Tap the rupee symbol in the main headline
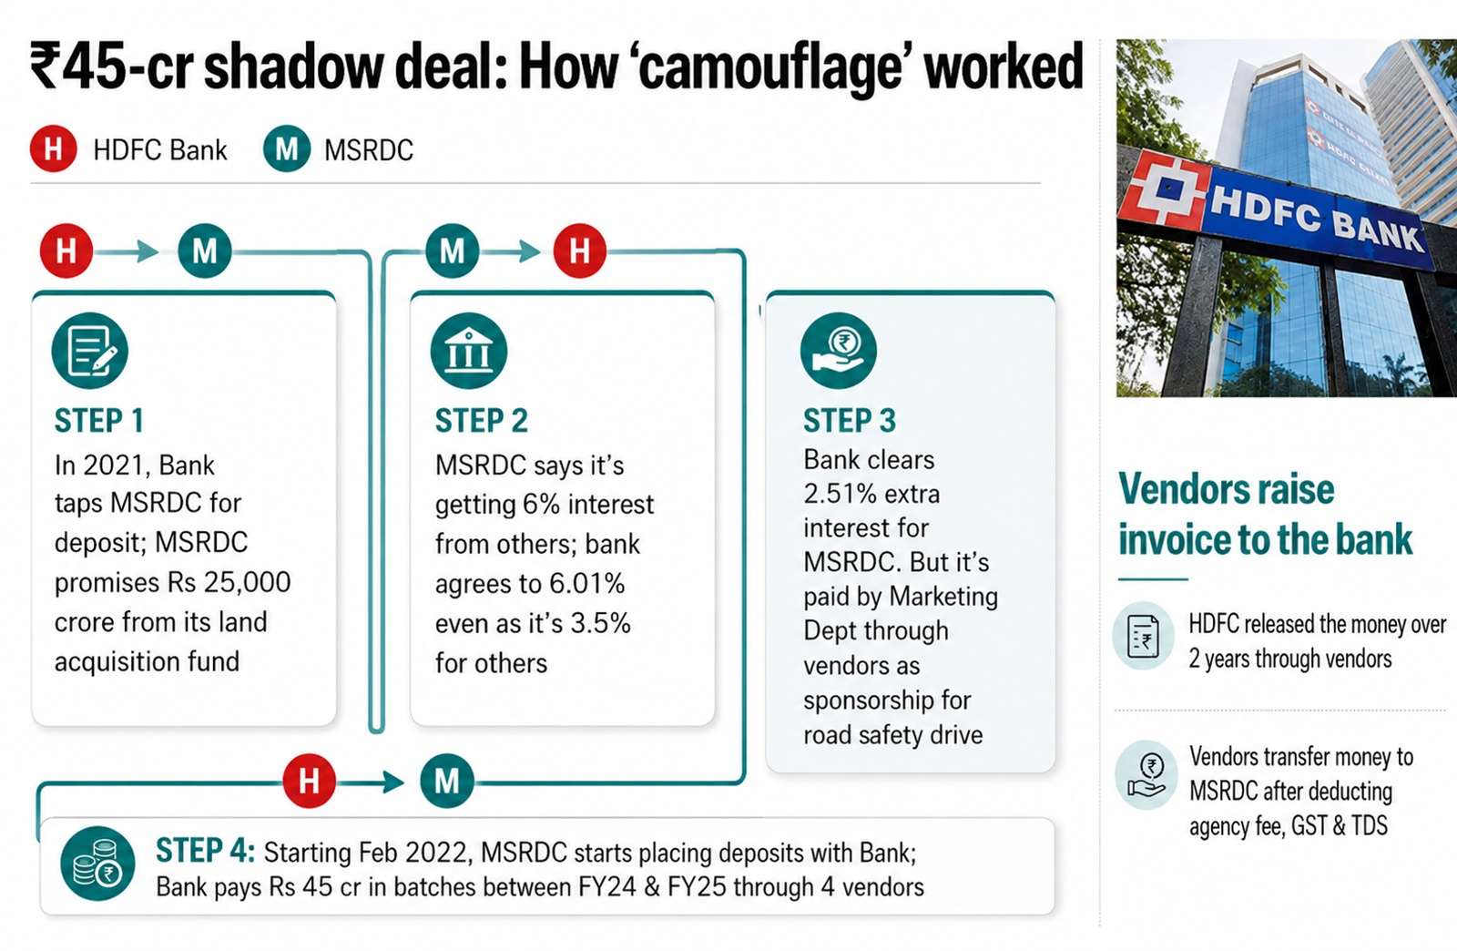46,66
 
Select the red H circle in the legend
54,149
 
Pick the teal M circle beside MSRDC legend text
287,149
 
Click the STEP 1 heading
99,420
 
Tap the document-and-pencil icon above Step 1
90,351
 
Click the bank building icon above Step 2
468,351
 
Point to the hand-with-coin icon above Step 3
839,351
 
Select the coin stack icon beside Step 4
97,864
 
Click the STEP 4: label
206,851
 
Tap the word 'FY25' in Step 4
698,886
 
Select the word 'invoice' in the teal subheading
1166,539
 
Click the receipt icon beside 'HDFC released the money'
1143,636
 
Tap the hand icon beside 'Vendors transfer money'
1146,774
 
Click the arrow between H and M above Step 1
127,251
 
